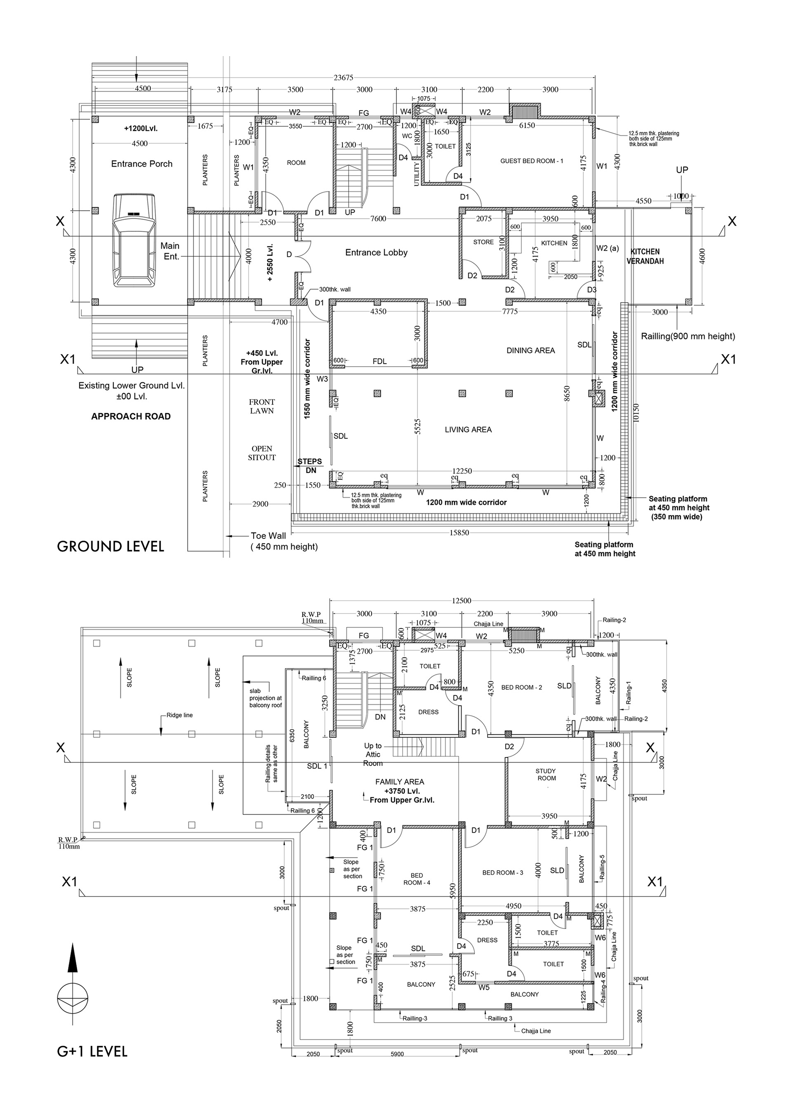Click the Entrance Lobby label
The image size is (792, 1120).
point(376,252)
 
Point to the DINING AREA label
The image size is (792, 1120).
point(530,350)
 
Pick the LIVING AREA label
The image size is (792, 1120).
point(468,429)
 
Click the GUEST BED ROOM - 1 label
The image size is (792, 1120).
point(531,160)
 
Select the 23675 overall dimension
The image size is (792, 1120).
point(343,78)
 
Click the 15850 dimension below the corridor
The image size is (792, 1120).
point(459,533)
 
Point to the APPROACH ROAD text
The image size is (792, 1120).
point(131,416)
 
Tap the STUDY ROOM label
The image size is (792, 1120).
point(546,774)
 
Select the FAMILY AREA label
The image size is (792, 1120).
point(400,781)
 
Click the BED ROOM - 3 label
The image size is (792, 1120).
point(502,872)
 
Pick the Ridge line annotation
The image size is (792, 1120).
point(179,715)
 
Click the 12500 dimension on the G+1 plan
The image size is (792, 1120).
point(461,600)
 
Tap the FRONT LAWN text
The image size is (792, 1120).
point(262,406)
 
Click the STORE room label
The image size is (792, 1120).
point(483,242)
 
